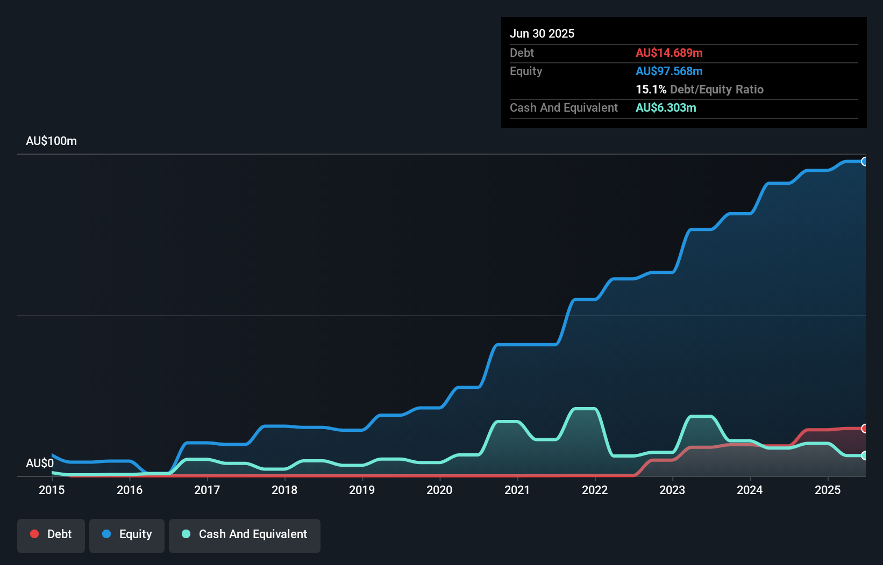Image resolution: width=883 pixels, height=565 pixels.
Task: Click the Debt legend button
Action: coord(51,534)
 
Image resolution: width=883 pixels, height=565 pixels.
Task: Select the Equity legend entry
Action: coord(127,534)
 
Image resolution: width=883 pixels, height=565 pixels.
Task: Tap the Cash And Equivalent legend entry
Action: coord(245,534)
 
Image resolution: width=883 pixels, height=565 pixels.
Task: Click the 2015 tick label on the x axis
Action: coord(52,490)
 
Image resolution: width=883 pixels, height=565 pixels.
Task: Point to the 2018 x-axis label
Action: coord(284,490)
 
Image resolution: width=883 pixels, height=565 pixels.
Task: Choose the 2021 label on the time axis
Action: coord(517,490)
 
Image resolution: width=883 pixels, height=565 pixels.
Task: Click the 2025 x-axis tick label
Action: coord(827,490)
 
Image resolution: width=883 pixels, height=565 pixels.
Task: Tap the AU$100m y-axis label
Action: coord(52,141)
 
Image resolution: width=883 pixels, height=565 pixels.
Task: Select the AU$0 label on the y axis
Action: coord(40,463)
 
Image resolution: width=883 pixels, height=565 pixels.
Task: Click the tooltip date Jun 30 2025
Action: coord(542,34)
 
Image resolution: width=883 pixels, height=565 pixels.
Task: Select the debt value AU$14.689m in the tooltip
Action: coord(669,53)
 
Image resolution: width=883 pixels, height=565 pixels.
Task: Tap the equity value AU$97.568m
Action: coord(669,71)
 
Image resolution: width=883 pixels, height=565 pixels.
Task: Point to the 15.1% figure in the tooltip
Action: coord(651,90)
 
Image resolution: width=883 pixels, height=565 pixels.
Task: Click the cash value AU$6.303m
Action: coord(666,108)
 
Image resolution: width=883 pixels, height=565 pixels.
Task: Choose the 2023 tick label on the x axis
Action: coord(672,490)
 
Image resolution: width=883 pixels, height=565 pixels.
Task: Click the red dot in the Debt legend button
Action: coord(34,534)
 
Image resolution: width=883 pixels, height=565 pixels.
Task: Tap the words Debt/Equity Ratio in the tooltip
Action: coord(716,90)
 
